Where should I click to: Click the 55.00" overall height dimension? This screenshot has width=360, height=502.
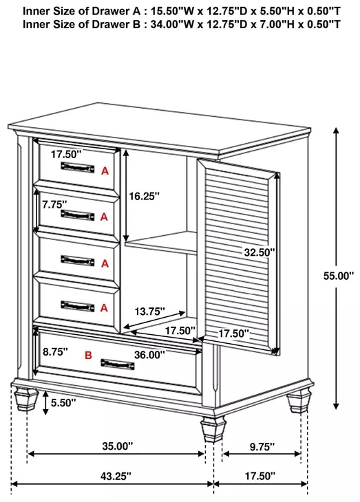[339, 276]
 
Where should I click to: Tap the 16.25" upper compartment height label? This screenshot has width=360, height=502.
[144, 196]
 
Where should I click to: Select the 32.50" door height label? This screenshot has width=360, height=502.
[260, 252]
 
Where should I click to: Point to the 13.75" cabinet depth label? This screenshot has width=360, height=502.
[149, 312]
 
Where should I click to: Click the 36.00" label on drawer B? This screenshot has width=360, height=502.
[149, 355]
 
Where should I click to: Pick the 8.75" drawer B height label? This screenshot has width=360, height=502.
[56, 351]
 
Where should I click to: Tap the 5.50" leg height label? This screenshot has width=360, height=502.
[63, 402]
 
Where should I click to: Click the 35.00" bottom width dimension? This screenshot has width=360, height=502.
[117, 446]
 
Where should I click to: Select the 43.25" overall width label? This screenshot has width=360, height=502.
[116, 476]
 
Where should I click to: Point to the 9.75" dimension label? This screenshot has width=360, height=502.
[262, 446]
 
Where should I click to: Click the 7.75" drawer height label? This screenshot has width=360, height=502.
[54, 204]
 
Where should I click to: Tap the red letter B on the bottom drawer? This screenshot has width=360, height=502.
[88, 355]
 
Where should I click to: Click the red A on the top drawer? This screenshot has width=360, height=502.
[105, 171]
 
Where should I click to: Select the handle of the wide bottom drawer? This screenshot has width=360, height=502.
[118, 364]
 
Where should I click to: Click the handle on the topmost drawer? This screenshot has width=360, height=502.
[78, 167]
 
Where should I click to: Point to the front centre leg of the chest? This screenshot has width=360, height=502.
[213, 429]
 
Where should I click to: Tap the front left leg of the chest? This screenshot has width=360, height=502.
[26, 399]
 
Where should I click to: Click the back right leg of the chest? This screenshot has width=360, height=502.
[299, 401]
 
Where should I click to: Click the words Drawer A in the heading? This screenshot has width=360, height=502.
[116, 11]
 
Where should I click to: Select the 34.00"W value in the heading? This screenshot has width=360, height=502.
[172, 24]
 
